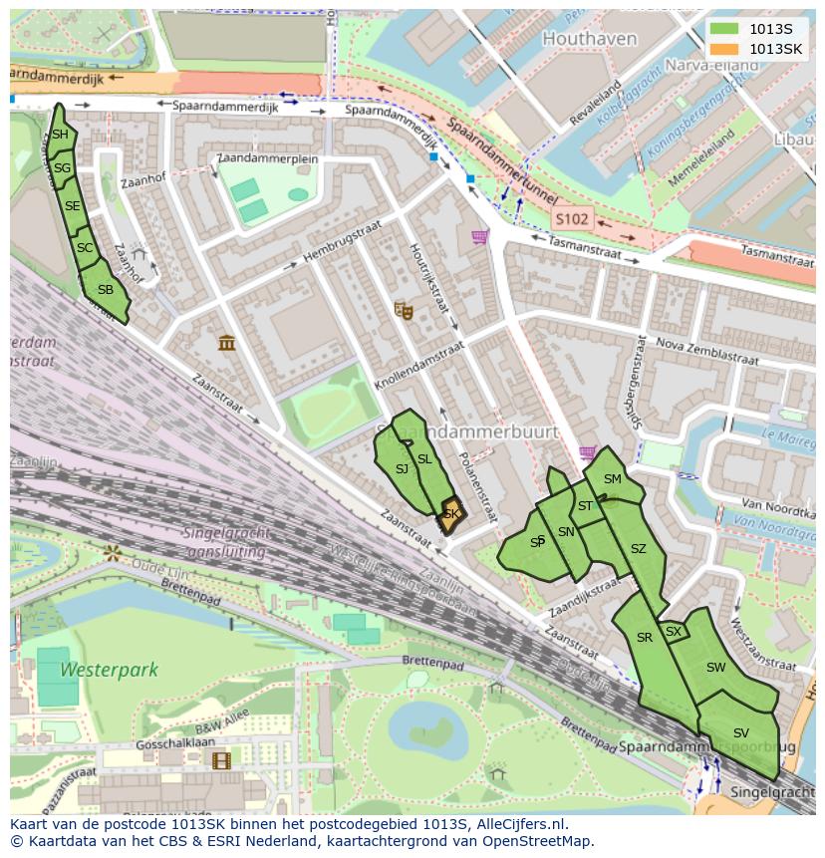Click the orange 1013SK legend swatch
[x=725, y=49]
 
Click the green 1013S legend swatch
[x=725, y=30]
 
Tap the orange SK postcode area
[x=451, y=514]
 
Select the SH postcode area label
[x=60, y=135]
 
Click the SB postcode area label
[x=105, y=291]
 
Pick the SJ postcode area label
[x=402, y=468]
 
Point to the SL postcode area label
[x=424, y=459]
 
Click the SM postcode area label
[x=612, y=479]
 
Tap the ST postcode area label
[x=585, y=506]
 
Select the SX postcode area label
[x=674, y=631]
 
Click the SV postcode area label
[x=740, y=732]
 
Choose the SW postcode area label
[x=715, y=668]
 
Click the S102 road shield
[x=572, y=218]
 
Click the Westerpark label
[x=95, y=670]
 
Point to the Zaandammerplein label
[x=266, y=159]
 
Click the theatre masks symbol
[x=404, y=310]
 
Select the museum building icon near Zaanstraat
[x=227, y=343]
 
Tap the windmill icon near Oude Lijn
[x=112, y=551]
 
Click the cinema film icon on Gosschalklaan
[x=220, y=760]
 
